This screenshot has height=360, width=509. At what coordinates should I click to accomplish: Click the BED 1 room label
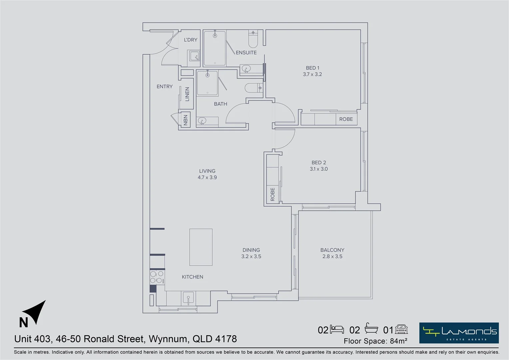[x=312, y=68]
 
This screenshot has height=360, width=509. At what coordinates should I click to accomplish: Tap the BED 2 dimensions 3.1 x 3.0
[x=318, y=169]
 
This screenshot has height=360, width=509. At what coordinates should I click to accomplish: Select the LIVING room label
[x=207, y=171]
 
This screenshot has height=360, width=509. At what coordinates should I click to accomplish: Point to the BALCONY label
[x=332, y=250]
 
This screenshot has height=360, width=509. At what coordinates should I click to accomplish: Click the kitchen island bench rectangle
[x=201, y=247]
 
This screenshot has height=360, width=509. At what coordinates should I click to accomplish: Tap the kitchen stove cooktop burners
[x=156, y=277]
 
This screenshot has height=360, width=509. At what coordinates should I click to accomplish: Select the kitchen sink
[x=188, y=298]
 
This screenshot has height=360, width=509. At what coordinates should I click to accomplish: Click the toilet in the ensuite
[x=253, y=39]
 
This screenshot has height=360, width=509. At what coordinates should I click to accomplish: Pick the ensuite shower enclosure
[x=215, y=48]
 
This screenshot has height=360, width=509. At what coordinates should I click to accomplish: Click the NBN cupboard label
[x=185, y=120]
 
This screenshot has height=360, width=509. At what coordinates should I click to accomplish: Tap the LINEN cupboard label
[x=187, y=94]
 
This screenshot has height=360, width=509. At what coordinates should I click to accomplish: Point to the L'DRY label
[x=191, y=40]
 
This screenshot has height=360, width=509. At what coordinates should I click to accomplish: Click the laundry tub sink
[x=194, y=56]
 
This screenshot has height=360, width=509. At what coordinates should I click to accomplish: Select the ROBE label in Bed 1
[x=346, y=119]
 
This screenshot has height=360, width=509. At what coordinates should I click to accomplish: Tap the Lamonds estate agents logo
[x=459, y=333]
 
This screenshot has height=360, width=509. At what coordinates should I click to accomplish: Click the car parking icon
[x=401, y=329]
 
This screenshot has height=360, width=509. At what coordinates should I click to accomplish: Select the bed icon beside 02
[x=337, y=329]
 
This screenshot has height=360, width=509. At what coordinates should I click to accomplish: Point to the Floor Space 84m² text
[x=375, y=341]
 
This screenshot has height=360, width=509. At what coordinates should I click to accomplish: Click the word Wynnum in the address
[x=168, y=339]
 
